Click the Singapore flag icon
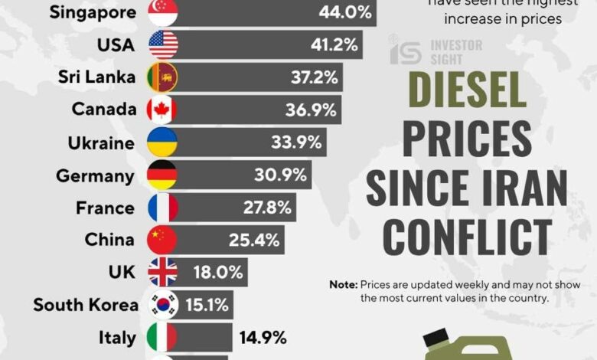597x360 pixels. point(162,12)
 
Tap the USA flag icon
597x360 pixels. point(162,44)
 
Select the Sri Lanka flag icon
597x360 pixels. point(162,77)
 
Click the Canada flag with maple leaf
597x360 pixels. point(162,110)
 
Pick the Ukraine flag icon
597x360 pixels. point(162,142)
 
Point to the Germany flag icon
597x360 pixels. point(162,175)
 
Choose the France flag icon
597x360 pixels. point(162,208)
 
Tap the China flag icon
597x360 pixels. point(162,240)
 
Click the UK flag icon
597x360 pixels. point(162,272)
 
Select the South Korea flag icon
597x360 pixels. point(162,305)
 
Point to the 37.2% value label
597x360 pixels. point(311,77)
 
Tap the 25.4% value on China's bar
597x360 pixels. point(253,240)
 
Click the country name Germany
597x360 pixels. point(95,175)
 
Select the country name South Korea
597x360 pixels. point(86,305)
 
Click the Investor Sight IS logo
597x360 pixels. point(406,51)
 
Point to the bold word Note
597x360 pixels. point(343,284)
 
